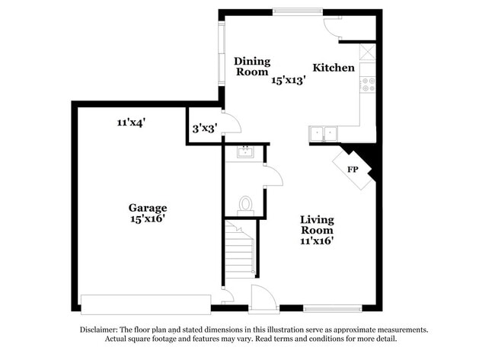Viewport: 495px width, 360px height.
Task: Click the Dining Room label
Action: pos(251,66)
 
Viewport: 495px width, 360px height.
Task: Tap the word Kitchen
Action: pos(333,68)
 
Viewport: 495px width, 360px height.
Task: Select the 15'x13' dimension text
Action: pos(289,80)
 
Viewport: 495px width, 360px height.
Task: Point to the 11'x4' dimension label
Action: pos(131,122)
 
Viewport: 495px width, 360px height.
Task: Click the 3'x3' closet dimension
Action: pos(204,128)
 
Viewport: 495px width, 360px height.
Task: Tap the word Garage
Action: pos(147,208)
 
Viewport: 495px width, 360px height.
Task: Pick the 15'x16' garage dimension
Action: pos(147,219)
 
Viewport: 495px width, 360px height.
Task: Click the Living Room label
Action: pos(316,225)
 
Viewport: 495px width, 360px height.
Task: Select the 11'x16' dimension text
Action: pos(316,241)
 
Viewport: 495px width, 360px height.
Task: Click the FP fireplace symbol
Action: pos(353,169)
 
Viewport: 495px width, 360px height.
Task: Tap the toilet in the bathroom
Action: pos(245,204)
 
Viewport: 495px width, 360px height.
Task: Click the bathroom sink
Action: pos(244,151)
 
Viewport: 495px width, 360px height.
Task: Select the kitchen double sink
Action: pos(323,134)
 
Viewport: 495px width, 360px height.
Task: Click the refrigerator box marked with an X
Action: pos(368,52)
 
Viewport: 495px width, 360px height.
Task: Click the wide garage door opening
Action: pos(145,304)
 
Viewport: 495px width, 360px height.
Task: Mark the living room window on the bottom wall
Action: pos(332,308)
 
